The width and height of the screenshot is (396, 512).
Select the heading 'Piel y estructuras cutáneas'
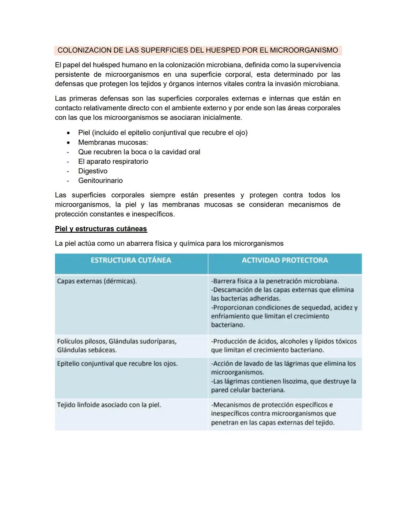[101, 229]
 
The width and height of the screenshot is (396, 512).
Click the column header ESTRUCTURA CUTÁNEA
[131, 260]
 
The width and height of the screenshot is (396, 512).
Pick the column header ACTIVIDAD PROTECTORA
[285, 260]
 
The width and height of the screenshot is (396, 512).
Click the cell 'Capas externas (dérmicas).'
[97, 281]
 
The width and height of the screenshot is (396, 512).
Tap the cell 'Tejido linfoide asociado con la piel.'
[109, 405]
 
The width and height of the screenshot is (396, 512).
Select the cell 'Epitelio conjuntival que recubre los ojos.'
[117, 364]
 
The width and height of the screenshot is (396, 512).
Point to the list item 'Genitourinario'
[100, 180]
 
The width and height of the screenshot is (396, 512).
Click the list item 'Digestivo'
[92, 171]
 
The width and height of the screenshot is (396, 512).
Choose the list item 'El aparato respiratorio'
[113, 161]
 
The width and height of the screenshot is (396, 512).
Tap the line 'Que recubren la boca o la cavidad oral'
[139, 152]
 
